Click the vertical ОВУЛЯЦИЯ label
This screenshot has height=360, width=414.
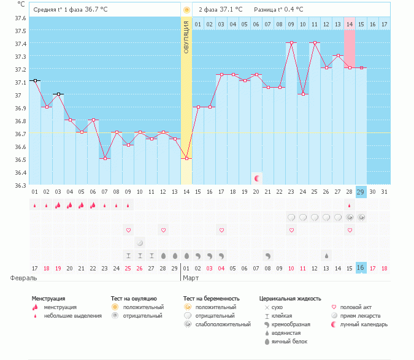point(186,36)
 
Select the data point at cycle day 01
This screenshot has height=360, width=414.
point(35,80)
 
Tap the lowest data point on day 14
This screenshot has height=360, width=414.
point(186,158)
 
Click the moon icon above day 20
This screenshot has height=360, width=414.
point(257,178)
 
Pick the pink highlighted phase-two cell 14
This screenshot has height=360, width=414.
point(349,24)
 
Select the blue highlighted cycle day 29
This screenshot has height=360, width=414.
point(361,191)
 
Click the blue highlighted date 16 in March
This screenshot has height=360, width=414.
point(361,268)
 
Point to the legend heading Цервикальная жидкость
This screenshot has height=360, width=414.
point(290,299)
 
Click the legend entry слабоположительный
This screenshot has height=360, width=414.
point(215,324)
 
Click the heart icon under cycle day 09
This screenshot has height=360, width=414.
point(128,230)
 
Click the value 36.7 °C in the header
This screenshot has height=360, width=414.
point(96,9)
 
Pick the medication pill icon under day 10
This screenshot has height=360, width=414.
point(140,242)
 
